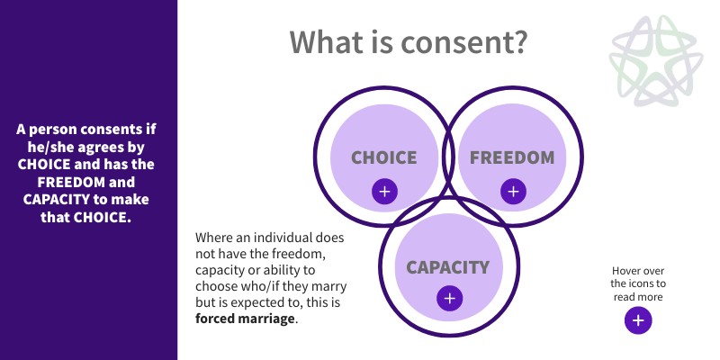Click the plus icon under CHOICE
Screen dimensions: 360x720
(384, 191)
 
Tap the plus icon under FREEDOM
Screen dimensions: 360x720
(513, 191)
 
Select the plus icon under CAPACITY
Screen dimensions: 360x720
(449, 300)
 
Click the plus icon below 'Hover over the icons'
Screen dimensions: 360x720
(638, 320)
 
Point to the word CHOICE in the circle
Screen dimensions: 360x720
(384, 157)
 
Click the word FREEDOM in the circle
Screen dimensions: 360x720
(512, 157)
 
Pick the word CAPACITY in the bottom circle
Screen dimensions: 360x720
(447, 266)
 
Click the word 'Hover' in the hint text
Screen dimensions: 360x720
(627, 269)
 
